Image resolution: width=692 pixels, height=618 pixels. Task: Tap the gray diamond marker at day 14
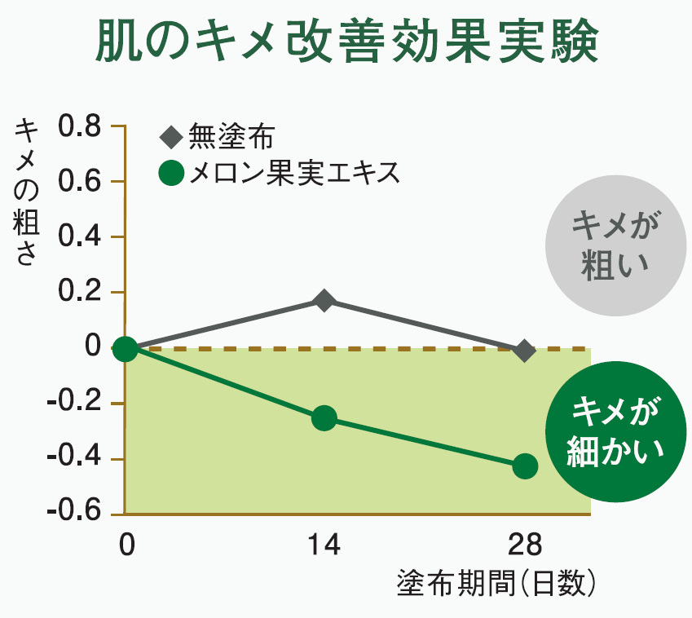tap(324, 300)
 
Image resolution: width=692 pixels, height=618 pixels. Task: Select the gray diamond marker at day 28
tap(525, 351)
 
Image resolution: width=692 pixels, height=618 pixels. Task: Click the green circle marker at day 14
tap(324, 418)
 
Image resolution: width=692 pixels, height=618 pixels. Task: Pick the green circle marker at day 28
tap(525, 466)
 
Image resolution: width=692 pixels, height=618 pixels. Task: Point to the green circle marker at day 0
tap(125, 349)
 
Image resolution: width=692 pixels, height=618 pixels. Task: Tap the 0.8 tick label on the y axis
tap(80, 127)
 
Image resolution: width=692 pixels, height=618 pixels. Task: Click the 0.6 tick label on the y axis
tap(80, 183)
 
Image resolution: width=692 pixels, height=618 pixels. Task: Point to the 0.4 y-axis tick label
tap(80, 238)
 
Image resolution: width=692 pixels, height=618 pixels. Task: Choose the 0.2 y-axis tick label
tap(80, 294)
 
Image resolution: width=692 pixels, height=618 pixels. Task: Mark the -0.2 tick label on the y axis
tap(75, 404)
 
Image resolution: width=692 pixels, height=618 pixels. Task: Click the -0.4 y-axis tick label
tap(75, 459)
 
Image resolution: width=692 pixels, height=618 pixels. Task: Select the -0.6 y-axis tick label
tap(75, 514)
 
